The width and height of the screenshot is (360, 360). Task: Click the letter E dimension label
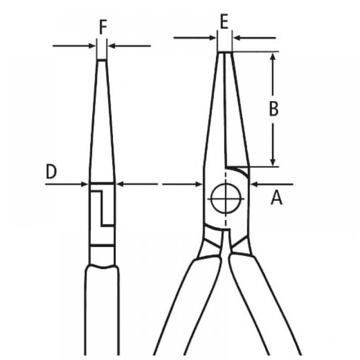pos(224,22)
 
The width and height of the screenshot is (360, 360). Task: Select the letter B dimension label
pos(274,108)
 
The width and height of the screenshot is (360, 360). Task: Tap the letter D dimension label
pos(51,171)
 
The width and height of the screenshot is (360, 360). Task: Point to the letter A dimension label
pos(276,198)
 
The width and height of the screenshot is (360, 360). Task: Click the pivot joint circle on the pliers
pos(226,198)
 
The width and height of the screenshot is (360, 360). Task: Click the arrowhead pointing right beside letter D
pos(85,184)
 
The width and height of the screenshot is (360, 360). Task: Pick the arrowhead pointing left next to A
pos(255,184)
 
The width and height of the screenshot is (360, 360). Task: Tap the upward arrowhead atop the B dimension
pos(273,56)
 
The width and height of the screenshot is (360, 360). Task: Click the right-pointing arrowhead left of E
pos(213,38)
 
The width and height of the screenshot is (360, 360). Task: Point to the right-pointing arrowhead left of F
pos(92,46)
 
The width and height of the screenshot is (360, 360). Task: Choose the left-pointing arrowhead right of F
pos(112,46)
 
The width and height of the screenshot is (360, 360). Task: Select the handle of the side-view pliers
pos(102,310)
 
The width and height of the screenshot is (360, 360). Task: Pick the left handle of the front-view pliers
pos(188,305)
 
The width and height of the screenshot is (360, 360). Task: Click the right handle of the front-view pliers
pos(264,305)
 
